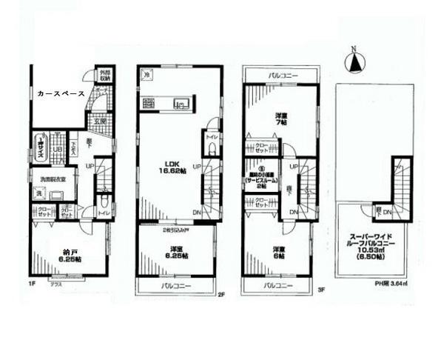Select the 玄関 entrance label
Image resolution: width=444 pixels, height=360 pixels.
coord(102,121)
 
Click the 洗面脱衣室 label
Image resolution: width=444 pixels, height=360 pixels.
coord(48,179)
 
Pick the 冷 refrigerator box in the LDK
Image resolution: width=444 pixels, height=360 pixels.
coord(147,75)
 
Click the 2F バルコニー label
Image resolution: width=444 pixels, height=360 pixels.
coord(175,285)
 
